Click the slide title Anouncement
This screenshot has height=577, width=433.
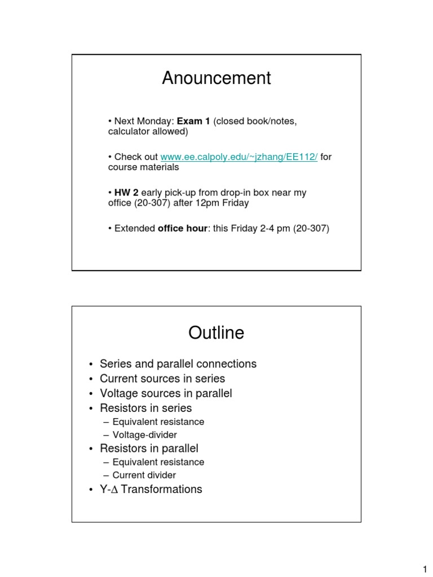(x=216, y=78)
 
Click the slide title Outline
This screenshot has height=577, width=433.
(x=216, y=333)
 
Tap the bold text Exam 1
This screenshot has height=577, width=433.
(x=193, y=121)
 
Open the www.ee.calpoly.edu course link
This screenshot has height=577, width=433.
(x=239, y=157)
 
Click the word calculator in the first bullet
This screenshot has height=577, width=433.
(x=129, y=132)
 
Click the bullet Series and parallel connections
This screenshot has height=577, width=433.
(x=178, y=364)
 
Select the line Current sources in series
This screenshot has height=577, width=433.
(x=162, y=379)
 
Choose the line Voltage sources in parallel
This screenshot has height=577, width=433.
(x=166, y=393)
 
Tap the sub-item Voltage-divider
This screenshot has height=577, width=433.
(x=145, y=435)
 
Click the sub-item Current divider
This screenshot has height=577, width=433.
(x=144, y=476)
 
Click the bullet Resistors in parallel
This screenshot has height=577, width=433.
(x=149, y=449)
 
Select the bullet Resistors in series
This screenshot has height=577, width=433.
(x=145, y=408)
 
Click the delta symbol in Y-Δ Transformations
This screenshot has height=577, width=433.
(x=114, y=490)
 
